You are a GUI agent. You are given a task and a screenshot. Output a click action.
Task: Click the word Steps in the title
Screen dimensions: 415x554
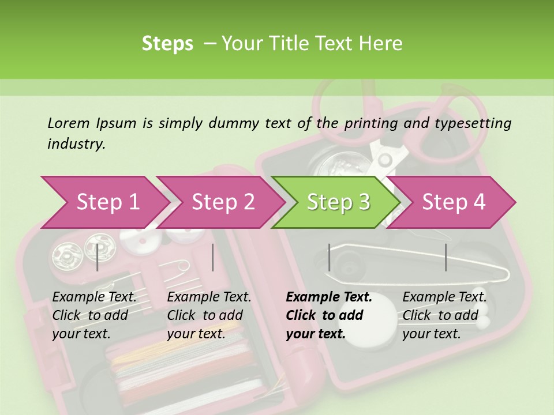pyautogui.click(x=167, y=43)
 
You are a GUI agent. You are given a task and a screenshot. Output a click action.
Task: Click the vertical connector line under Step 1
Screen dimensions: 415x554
pyautogui.click(x=98, y=257)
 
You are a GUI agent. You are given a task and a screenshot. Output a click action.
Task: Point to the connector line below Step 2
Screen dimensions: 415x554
pyautogui.click(x=213, y=257)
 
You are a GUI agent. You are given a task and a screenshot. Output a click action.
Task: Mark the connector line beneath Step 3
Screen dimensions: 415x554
pyautogui.click(x=329, y=257)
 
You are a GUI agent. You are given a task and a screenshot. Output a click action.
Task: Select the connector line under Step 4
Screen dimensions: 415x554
pyautogui.click(x=446, y=257)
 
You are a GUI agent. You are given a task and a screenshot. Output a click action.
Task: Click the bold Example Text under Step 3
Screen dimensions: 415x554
pyautogui.click(x=329, y=315)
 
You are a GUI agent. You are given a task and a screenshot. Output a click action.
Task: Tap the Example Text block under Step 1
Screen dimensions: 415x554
pyautogui.click(x=94, y=315)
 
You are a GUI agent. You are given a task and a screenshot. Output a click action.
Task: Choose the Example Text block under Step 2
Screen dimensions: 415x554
pyautogui.click(x=209, y=315)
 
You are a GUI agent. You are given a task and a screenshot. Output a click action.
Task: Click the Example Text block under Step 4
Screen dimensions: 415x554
pyautogui.click(x=444, y=315)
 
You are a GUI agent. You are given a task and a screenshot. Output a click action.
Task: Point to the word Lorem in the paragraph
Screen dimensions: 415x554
pyautogui.click(x=69, y=123)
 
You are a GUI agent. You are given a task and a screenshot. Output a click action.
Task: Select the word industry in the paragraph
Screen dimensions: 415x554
pyautogui.click(x=76, y=144)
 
